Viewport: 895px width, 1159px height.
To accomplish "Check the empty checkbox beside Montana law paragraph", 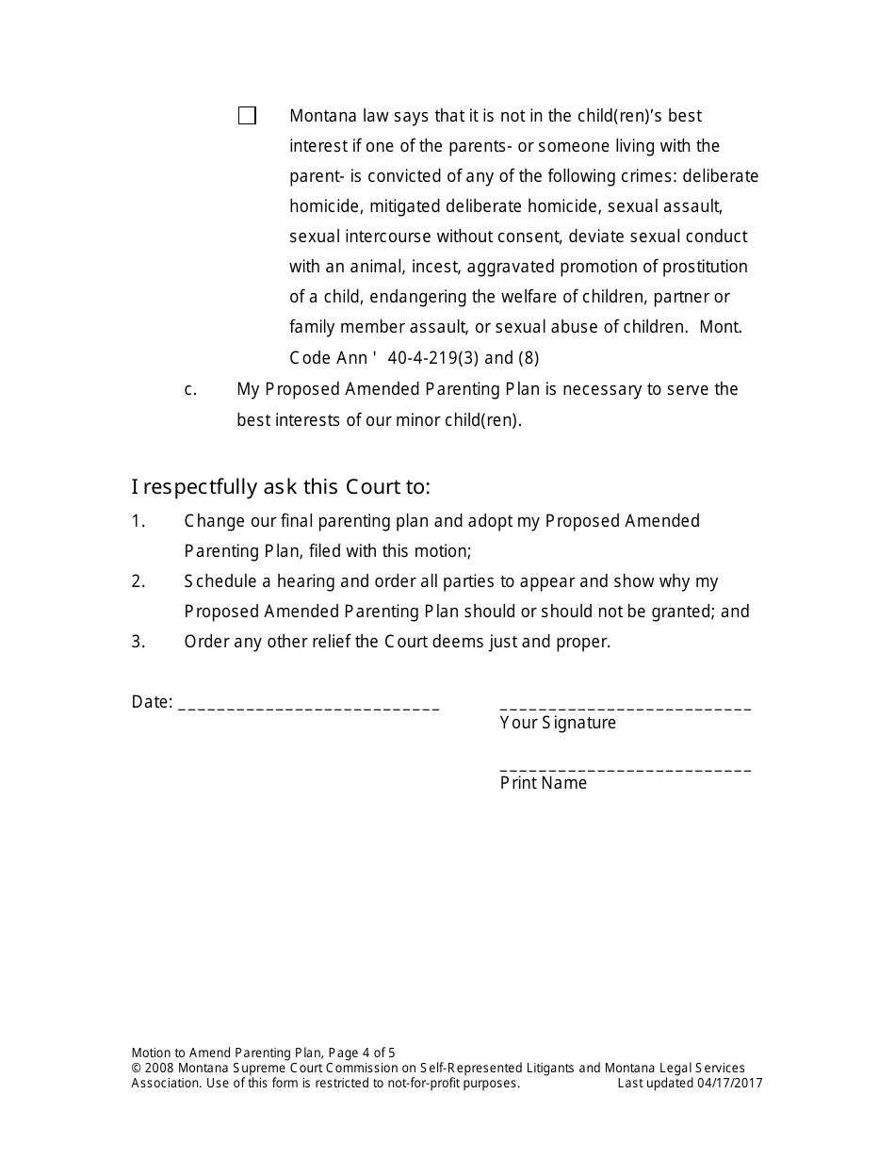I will pyautogui.click(x=247, y=116).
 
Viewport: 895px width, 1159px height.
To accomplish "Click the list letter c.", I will pyautogui.click(x=190, y=389).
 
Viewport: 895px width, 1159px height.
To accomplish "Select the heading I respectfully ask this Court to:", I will pyautogui.click(x=281, y=487).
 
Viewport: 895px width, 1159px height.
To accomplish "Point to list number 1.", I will pyautogui.click(x=138, y=521).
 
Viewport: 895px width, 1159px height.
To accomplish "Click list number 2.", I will pyautogui.click(x=138, y=581).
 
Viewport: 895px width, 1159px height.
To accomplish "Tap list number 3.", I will pyautogui.click(x=138, y=642).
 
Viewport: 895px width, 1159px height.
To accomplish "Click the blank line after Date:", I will pyautogui.click(x=308, y=705).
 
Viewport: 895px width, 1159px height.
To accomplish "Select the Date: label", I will pyautogui.click(x=152, y=702).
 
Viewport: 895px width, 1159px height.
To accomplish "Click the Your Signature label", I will pyautogui.click(x=558, y=723).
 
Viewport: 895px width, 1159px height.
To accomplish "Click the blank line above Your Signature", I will pyautogui.click(x=625, y=707).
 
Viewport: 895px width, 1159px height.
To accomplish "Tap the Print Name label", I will pyautogui.click(x=543, y=783).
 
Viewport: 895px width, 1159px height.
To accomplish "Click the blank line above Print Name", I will pyautogui.click(x=625, y=768).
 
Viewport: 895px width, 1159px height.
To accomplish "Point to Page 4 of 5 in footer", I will pyautogui.click(x=362, y=1053).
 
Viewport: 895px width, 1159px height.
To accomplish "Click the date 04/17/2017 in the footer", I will pyautogui.click(x=730, y=1084).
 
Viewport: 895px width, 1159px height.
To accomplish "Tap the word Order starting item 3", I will pyautogui.click(x=205, y=642).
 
